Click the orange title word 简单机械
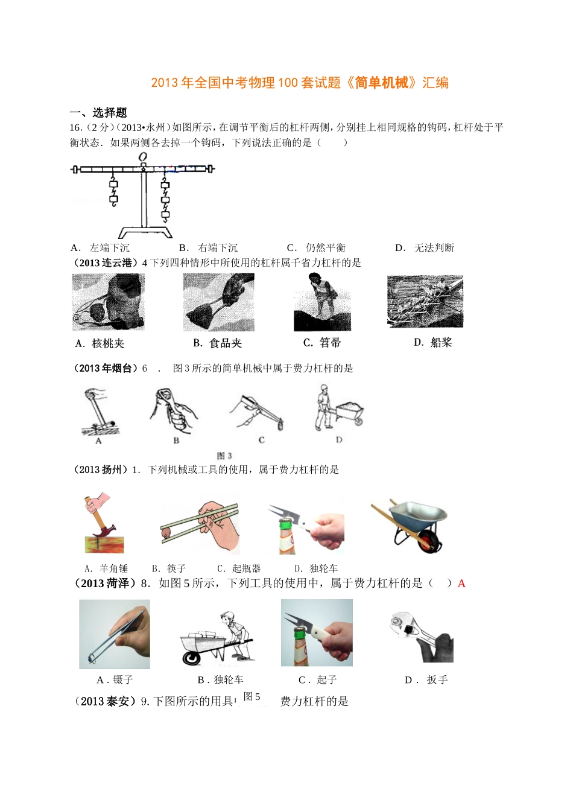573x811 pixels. (381, 83)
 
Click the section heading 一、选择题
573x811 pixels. (98, 112)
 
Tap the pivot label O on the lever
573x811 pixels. (143, 157)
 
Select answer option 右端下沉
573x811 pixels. (217, 247)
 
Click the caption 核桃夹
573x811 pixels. (108, 343)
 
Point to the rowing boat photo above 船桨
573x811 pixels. (425, 301)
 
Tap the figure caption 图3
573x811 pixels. (224, 456)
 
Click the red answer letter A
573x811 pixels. (461, 584)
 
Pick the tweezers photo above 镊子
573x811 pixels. (115, 634)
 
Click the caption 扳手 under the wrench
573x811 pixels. (437, 680)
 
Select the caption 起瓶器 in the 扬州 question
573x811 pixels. (246, 568)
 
